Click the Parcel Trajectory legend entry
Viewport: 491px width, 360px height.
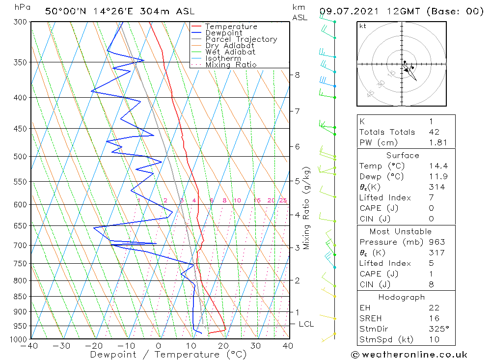click(x=241, y=39)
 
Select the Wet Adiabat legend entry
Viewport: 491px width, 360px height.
click(x=230, y=52)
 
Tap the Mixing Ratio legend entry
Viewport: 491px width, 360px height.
click(x=231, y=65)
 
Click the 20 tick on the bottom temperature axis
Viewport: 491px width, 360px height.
click(x=224, y=346)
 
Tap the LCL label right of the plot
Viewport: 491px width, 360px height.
click(x=306, y=324)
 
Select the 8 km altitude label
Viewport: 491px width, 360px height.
click(x=297, y=75)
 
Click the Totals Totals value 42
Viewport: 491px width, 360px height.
click(x=434, y=132)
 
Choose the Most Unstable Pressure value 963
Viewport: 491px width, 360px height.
click(x=437, y=242)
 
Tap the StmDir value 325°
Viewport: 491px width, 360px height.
click(x=439, y=329)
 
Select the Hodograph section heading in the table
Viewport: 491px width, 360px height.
click(x=402, y=297)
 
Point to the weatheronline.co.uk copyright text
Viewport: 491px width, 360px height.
click(x=409, y=355)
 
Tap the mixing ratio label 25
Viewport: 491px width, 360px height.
click(x=283, y=200)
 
